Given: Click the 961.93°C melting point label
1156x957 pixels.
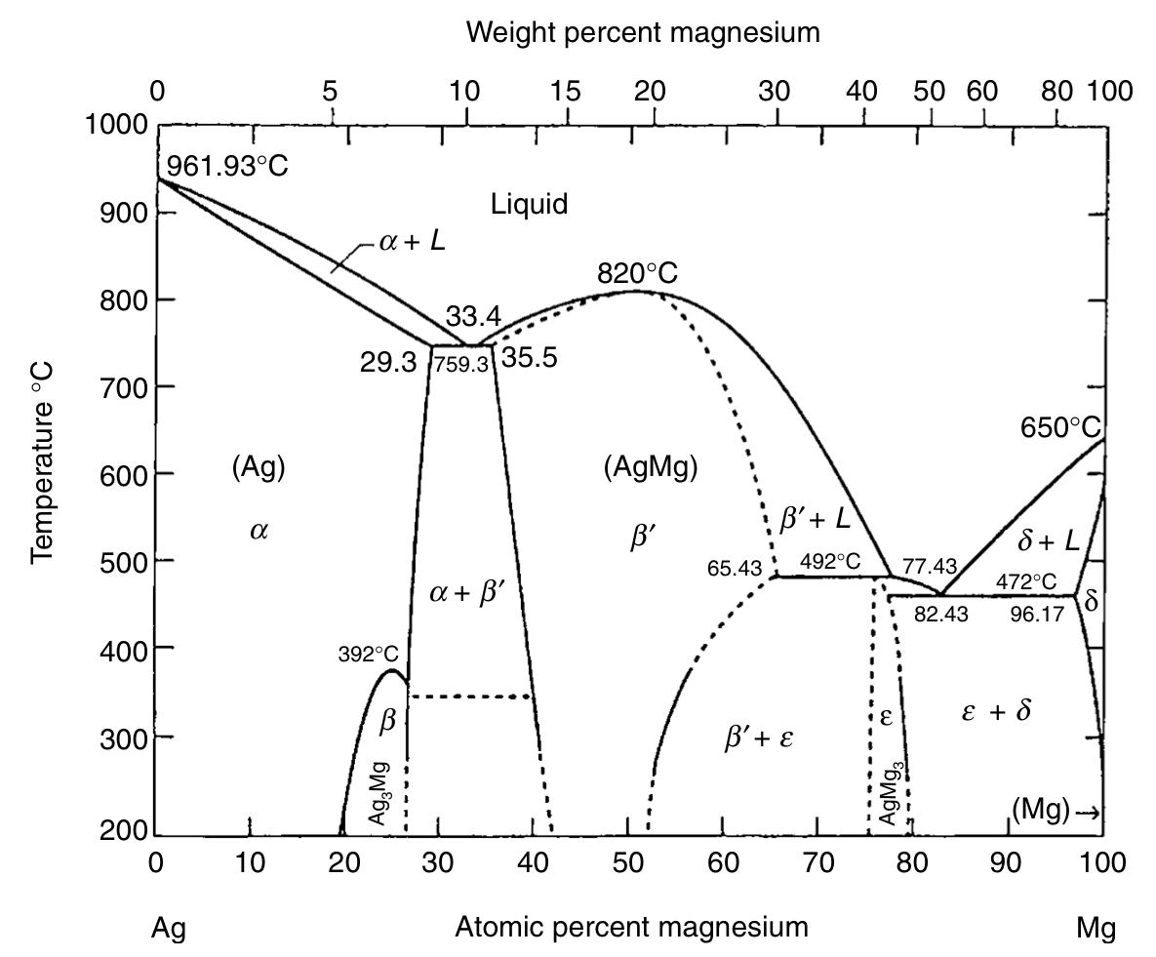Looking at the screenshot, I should pyautogui.click(x=227, y=166).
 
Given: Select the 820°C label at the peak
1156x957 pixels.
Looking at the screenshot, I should pyautogui.click(x=638, y=273).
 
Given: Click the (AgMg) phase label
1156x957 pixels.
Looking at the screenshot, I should pyautogui.click(x=651, y=468).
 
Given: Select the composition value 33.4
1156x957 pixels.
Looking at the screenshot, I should pyautogui.click(x=473, y=317).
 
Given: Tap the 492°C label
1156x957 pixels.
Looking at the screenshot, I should pyautogui.click(x=829, y=562).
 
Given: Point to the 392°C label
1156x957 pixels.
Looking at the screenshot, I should pyautogui.click(x=369, y=655).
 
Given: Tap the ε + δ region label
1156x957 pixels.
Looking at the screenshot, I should pyautogui.click(x=995, y=712).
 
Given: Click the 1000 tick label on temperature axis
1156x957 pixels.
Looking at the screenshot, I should pyautogui.click(x=115, y=126).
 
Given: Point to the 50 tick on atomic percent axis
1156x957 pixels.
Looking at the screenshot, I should pyautogui.click(x=627, y=862).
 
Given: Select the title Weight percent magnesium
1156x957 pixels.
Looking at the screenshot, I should pyautogui.click(x=643, y=33).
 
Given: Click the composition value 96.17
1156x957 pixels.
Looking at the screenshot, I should pyautogui.click(x=1037, y=616).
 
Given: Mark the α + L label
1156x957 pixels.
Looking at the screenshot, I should pyautogui.click(x=412, y=241).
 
